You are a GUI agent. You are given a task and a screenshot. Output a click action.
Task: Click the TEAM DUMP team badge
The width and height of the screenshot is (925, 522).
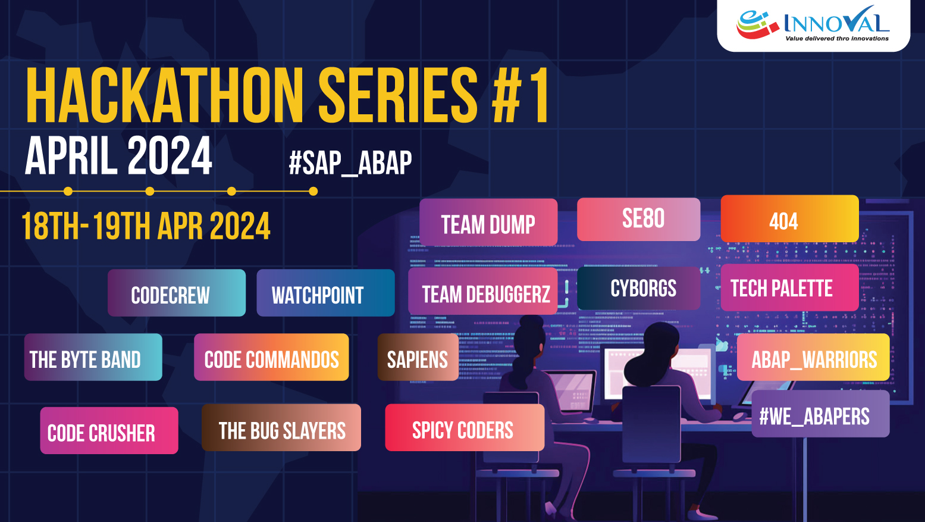(488, 222)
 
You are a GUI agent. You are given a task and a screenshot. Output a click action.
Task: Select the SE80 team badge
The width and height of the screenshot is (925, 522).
(638, 220)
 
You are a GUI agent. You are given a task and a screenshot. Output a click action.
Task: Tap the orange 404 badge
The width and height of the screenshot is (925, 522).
(789, 218)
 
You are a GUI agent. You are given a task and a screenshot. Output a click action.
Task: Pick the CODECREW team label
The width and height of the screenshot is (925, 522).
(177, 293)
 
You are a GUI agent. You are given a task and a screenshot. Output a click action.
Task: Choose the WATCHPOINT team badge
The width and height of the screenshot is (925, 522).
(325, 293)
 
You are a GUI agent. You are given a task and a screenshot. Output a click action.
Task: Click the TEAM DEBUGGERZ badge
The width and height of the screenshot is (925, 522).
(483, 291)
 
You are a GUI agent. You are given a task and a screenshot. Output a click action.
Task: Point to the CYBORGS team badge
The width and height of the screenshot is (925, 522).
(638, 288)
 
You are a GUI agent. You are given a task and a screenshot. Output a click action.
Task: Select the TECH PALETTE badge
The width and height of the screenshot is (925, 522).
(789, 287)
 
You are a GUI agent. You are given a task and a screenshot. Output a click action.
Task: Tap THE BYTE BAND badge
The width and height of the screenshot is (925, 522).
(93, 357)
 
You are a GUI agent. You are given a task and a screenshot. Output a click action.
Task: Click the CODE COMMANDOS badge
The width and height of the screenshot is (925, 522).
(271, 357)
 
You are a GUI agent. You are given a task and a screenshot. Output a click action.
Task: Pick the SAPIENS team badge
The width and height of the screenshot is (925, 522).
(418, 357)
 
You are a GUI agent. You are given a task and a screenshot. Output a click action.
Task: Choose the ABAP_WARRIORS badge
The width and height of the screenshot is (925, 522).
(813, 357)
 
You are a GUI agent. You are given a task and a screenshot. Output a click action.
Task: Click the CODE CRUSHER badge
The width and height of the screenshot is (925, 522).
(109, 431)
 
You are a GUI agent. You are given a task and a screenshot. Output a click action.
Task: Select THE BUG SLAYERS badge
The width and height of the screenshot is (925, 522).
(281, 427)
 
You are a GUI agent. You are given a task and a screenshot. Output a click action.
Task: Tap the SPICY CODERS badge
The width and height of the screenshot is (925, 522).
(465, 427)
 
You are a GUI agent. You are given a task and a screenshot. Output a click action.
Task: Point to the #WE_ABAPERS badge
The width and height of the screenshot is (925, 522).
(820, 414)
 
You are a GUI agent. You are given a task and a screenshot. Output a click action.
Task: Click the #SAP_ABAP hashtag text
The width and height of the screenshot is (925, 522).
(350, 163)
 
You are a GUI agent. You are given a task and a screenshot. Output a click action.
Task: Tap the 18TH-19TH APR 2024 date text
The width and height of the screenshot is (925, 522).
(146, 226)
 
